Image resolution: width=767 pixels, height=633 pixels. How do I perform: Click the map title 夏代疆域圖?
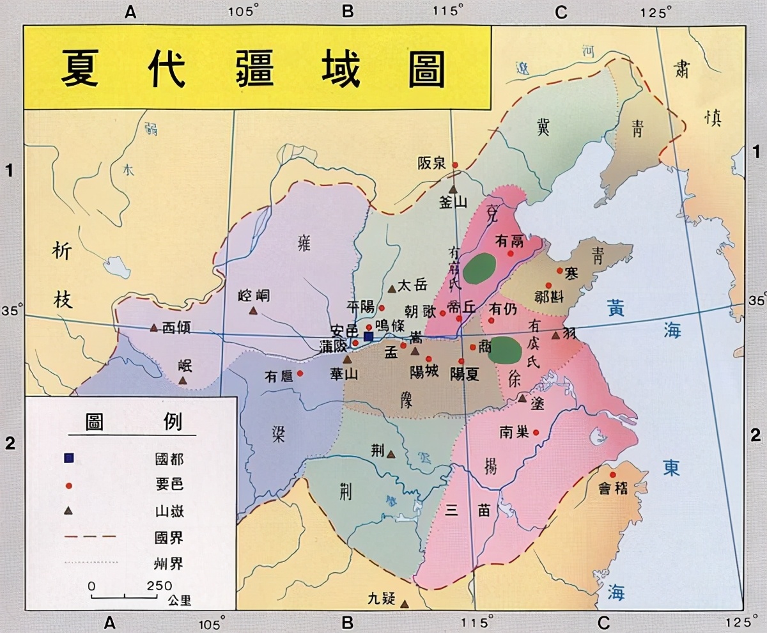coord(252,68)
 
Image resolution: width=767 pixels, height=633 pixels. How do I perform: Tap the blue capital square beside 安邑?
coord(368,336)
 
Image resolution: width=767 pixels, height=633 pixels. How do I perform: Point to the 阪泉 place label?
coord(431,163)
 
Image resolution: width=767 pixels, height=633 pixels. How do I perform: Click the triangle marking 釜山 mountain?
coord(453,189)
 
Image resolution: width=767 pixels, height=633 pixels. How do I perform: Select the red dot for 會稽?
coord(613,474)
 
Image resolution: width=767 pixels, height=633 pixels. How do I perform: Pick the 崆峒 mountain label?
coord(254,295)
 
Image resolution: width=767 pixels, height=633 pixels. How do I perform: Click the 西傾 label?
coord(176,328)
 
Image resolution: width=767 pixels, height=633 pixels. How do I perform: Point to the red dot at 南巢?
coord(536,432)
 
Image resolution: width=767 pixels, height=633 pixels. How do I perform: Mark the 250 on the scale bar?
coord(159,586)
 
